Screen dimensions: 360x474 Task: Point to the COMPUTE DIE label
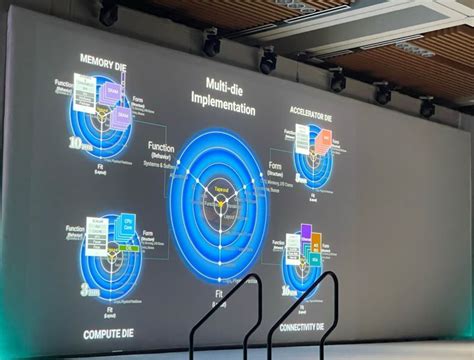coord(111,324)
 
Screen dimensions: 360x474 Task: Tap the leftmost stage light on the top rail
coord(107,13)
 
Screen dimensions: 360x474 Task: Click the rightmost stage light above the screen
coord(428,106)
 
